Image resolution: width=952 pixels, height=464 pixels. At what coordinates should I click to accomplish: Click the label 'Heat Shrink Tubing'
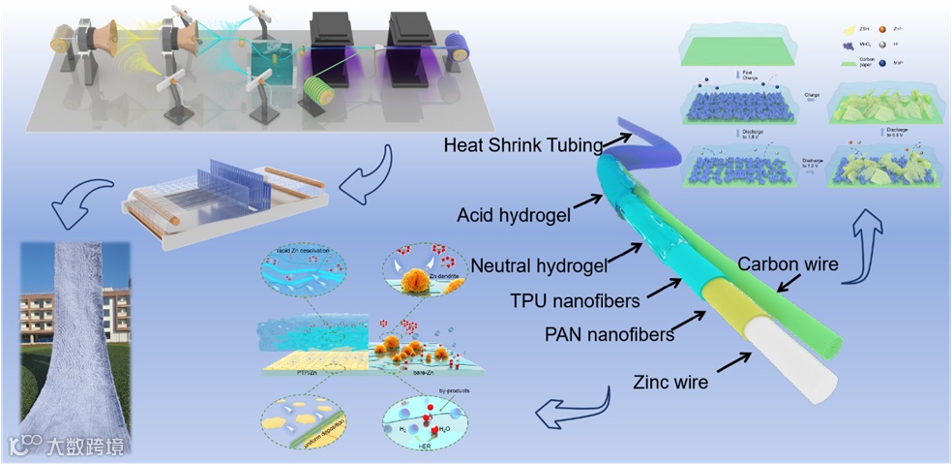click(x=522, y=145)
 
